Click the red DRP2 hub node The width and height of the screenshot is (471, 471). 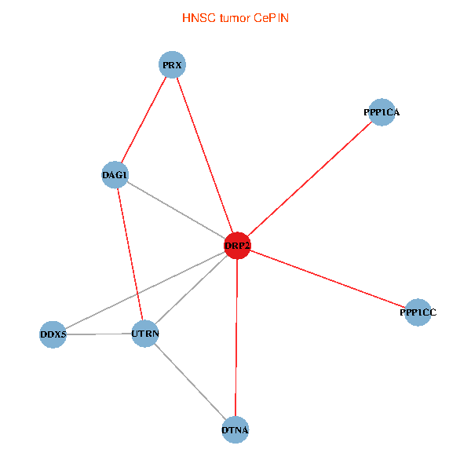(237, 246)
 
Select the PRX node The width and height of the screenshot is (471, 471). (172, 64)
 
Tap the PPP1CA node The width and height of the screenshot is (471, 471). (382, 112)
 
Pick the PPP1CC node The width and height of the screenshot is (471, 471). (418, 312)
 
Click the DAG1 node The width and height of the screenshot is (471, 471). (115, 174)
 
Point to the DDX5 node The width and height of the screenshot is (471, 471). (53, 335)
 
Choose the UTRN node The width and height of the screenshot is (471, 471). (145, 334)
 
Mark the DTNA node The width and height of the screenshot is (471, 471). (235, 429)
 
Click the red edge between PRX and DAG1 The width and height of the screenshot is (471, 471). (144, 119)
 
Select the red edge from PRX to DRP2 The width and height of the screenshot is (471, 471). (204, 155)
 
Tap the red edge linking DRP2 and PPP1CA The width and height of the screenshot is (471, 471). (309, 179)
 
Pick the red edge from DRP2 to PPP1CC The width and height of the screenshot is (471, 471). (327, 279)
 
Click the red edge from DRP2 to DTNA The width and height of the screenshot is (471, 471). (236, 338)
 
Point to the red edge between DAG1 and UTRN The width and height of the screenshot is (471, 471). (130, 254)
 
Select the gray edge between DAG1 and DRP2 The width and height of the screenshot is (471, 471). (176, 210)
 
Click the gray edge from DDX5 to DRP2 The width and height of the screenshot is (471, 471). (145, 290)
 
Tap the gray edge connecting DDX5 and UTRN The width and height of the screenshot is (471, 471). (99, 334)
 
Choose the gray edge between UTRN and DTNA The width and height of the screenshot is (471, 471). (190, 382)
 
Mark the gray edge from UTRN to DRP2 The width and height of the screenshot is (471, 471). (191, 290)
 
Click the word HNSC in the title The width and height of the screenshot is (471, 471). (195, 17)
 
